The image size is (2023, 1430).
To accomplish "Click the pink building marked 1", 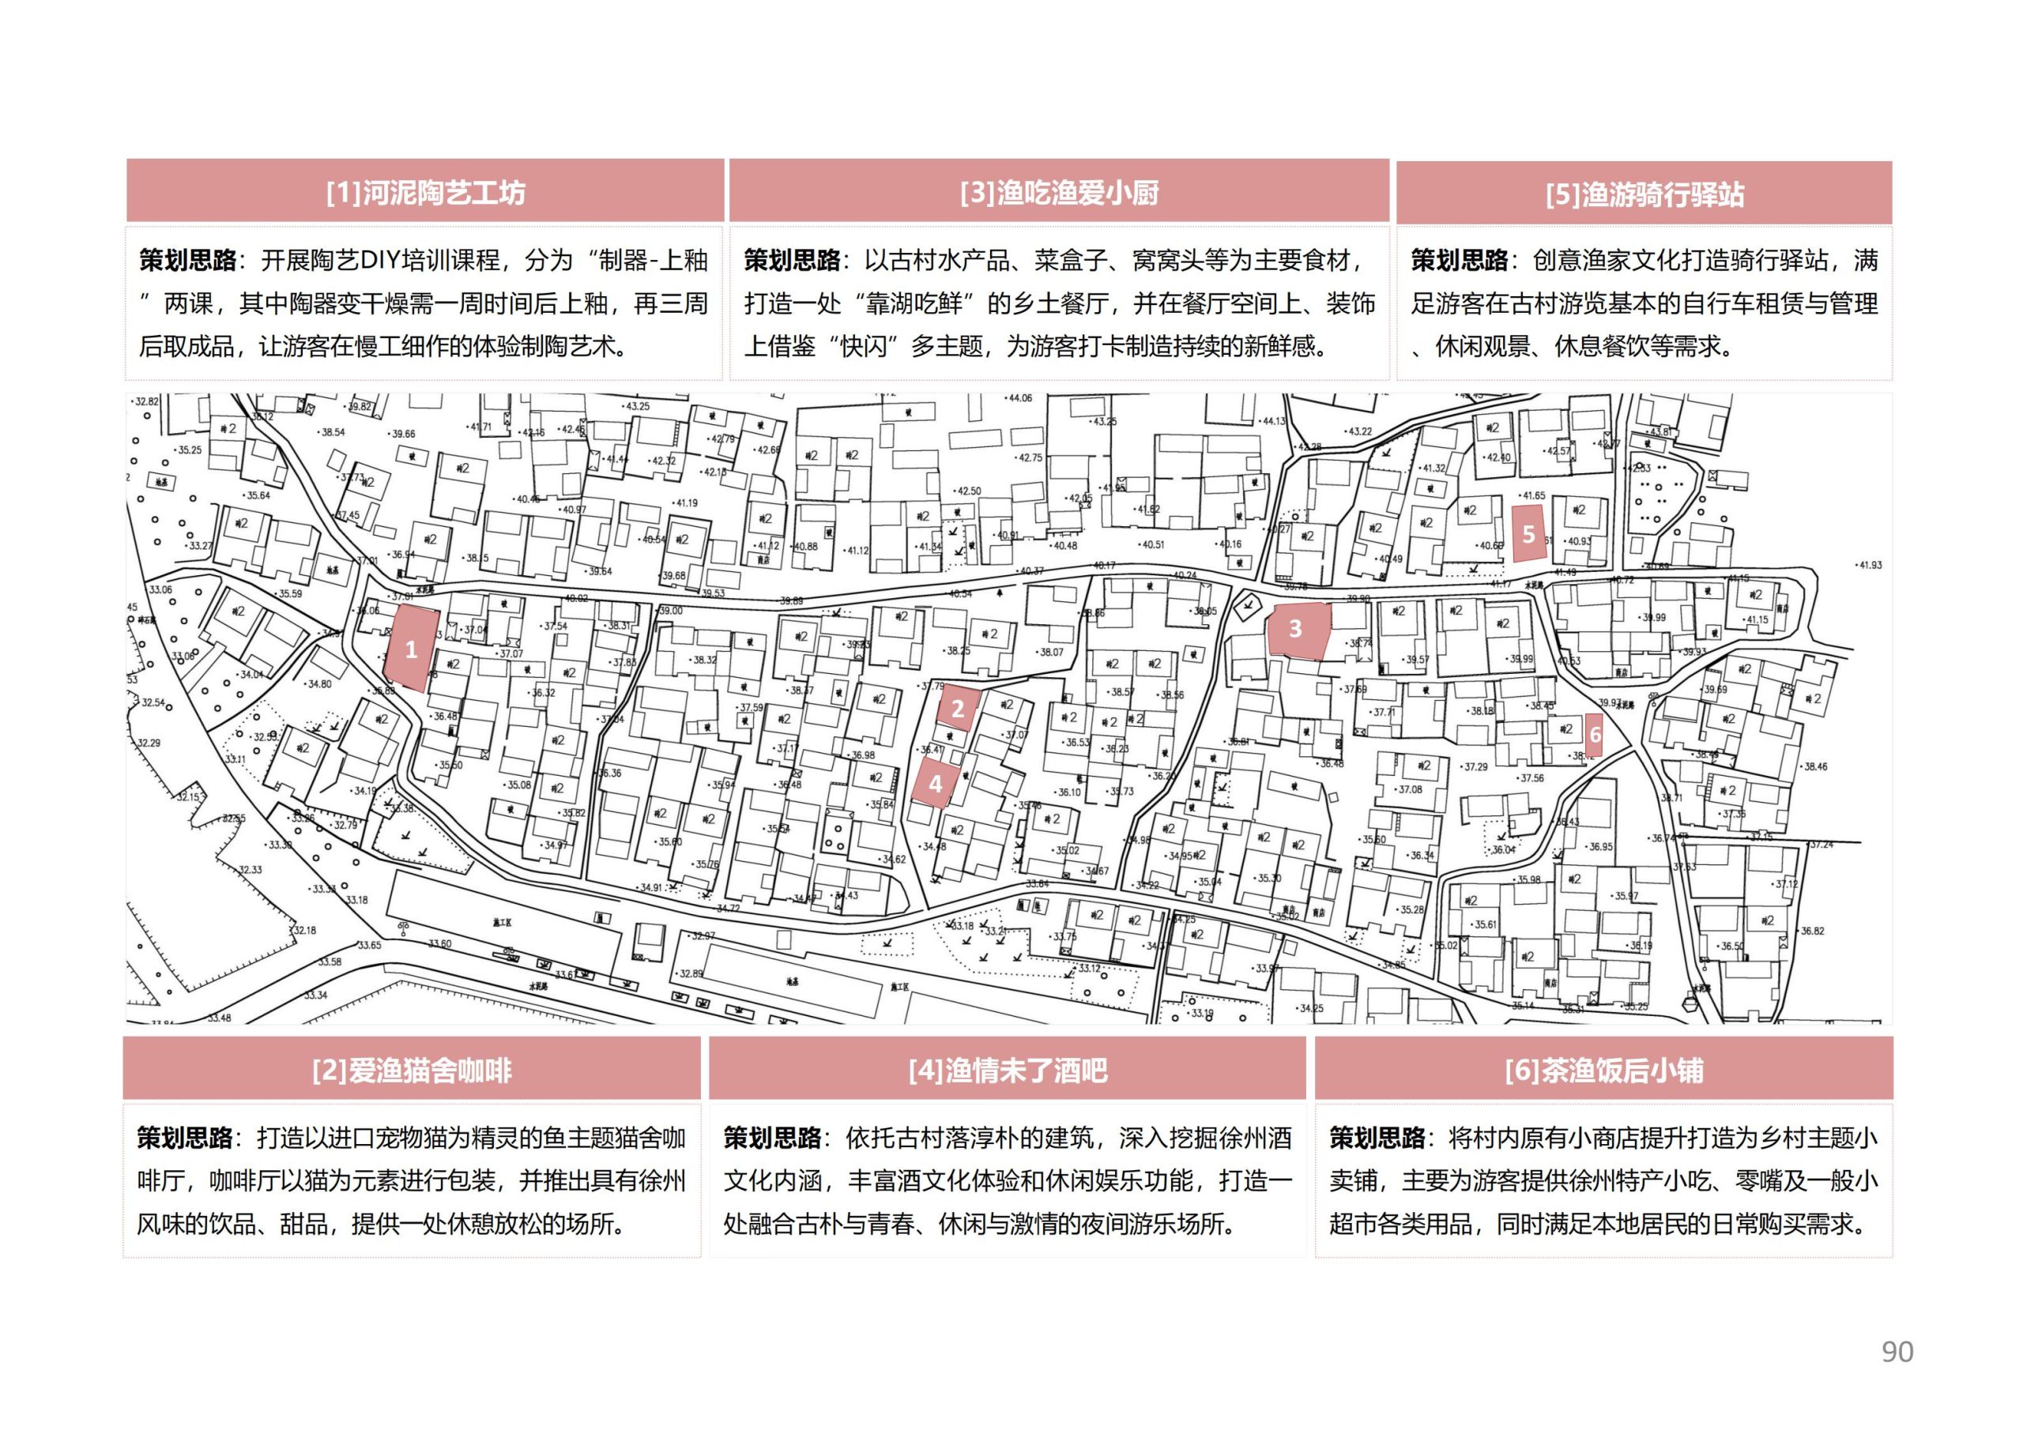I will click(411, 649).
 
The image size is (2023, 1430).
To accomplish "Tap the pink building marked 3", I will click(1296, 628).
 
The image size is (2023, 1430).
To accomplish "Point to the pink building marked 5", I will click(1528, 534).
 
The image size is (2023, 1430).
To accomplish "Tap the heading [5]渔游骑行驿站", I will click(1644, 194).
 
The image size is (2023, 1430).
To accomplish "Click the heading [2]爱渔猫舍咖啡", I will click(412, 1071).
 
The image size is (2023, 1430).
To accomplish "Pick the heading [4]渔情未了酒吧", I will click(1007, 1071).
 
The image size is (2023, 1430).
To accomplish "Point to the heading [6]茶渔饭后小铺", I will click(1603, 1071).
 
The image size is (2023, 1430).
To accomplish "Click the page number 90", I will click(1897, 1352).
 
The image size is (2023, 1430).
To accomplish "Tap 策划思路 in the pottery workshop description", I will click(187, 261).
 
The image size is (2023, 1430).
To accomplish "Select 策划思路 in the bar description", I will click(773, 1138).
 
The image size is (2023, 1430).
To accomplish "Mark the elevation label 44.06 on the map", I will click(1019, 398).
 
